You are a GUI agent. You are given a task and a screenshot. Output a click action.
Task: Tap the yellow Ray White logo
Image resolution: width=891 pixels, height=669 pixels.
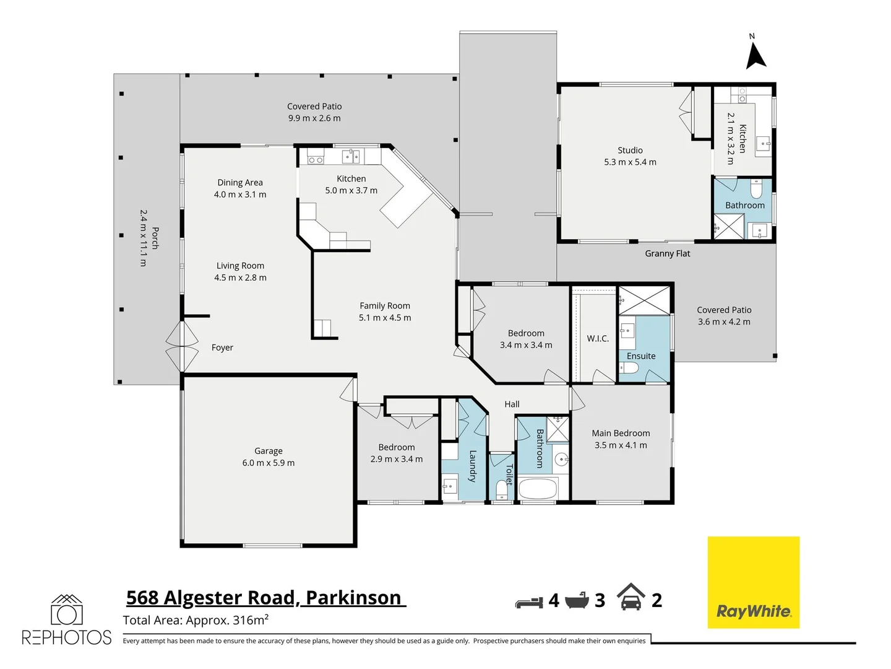[x=753, y=582]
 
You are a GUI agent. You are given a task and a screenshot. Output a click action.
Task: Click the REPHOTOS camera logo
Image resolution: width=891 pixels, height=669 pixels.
[x=66, y=620]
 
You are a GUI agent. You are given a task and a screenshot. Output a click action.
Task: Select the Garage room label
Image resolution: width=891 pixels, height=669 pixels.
[x=268, y=451]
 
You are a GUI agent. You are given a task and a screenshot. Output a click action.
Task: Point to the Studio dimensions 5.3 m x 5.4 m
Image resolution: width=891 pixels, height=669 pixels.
[x=630, y=162]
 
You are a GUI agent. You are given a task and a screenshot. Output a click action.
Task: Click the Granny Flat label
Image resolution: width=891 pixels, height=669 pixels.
[x=667, y=253]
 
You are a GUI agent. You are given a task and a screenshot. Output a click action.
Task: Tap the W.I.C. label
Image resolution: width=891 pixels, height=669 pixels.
[x=598, y=339]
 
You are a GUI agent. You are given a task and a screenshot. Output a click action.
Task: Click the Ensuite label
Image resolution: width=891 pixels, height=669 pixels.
[x=641, y=356]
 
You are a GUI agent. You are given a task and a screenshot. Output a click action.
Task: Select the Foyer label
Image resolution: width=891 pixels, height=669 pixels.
[x=222, y=348]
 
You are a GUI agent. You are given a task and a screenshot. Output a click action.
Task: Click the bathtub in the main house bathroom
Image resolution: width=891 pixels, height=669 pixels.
[x=538, y=489]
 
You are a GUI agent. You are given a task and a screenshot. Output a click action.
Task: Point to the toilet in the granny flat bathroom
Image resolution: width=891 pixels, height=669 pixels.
[x=756, y=189]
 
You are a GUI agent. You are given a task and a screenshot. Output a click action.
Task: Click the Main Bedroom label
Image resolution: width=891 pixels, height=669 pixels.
[x=621, y=433]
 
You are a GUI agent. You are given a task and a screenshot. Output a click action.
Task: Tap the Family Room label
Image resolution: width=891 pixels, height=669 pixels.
[x=385, y=305]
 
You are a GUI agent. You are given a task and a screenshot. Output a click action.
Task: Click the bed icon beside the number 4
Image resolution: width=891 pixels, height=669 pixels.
[x=529, y=601]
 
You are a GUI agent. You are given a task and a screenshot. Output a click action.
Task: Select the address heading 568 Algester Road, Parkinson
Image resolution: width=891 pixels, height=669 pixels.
[x=264, y=598]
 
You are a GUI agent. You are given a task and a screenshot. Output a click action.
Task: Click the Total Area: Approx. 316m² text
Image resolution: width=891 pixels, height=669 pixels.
[x=196, y=620]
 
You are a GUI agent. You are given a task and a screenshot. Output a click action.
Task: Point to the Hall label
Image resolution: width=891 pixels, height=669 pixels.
[x=512, y=404]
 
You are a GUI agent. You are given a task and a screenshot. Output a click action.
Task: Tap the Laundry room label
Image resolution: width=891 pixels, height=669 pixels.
[x=473, y=466]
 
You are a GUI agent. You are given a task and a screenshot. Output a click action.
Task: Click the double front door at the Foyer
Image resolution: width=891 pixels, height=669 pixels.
[x=182, y=347]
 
